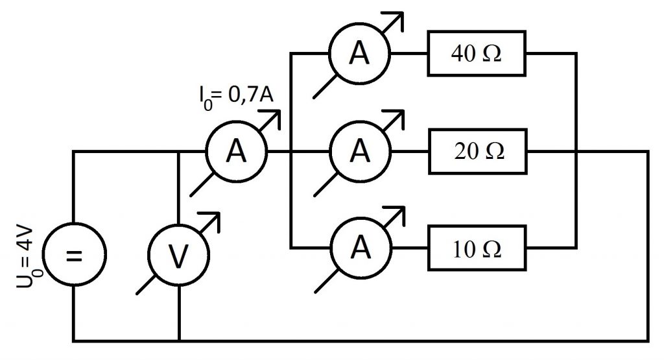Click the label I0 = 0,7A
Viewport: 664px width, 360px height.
pos(236,97)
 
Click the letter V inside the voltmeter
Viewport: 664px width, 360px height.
pos(178,256)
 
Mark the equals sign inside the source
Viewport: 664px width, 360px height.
pos(74,256)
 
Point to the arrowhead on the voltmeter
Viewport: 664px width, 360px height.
pos(213,217)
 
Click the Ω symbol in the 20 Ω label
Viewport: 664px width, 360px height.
pos(495,150)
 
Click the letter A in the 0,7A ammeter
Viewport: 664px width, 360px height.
pos(236,151)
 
